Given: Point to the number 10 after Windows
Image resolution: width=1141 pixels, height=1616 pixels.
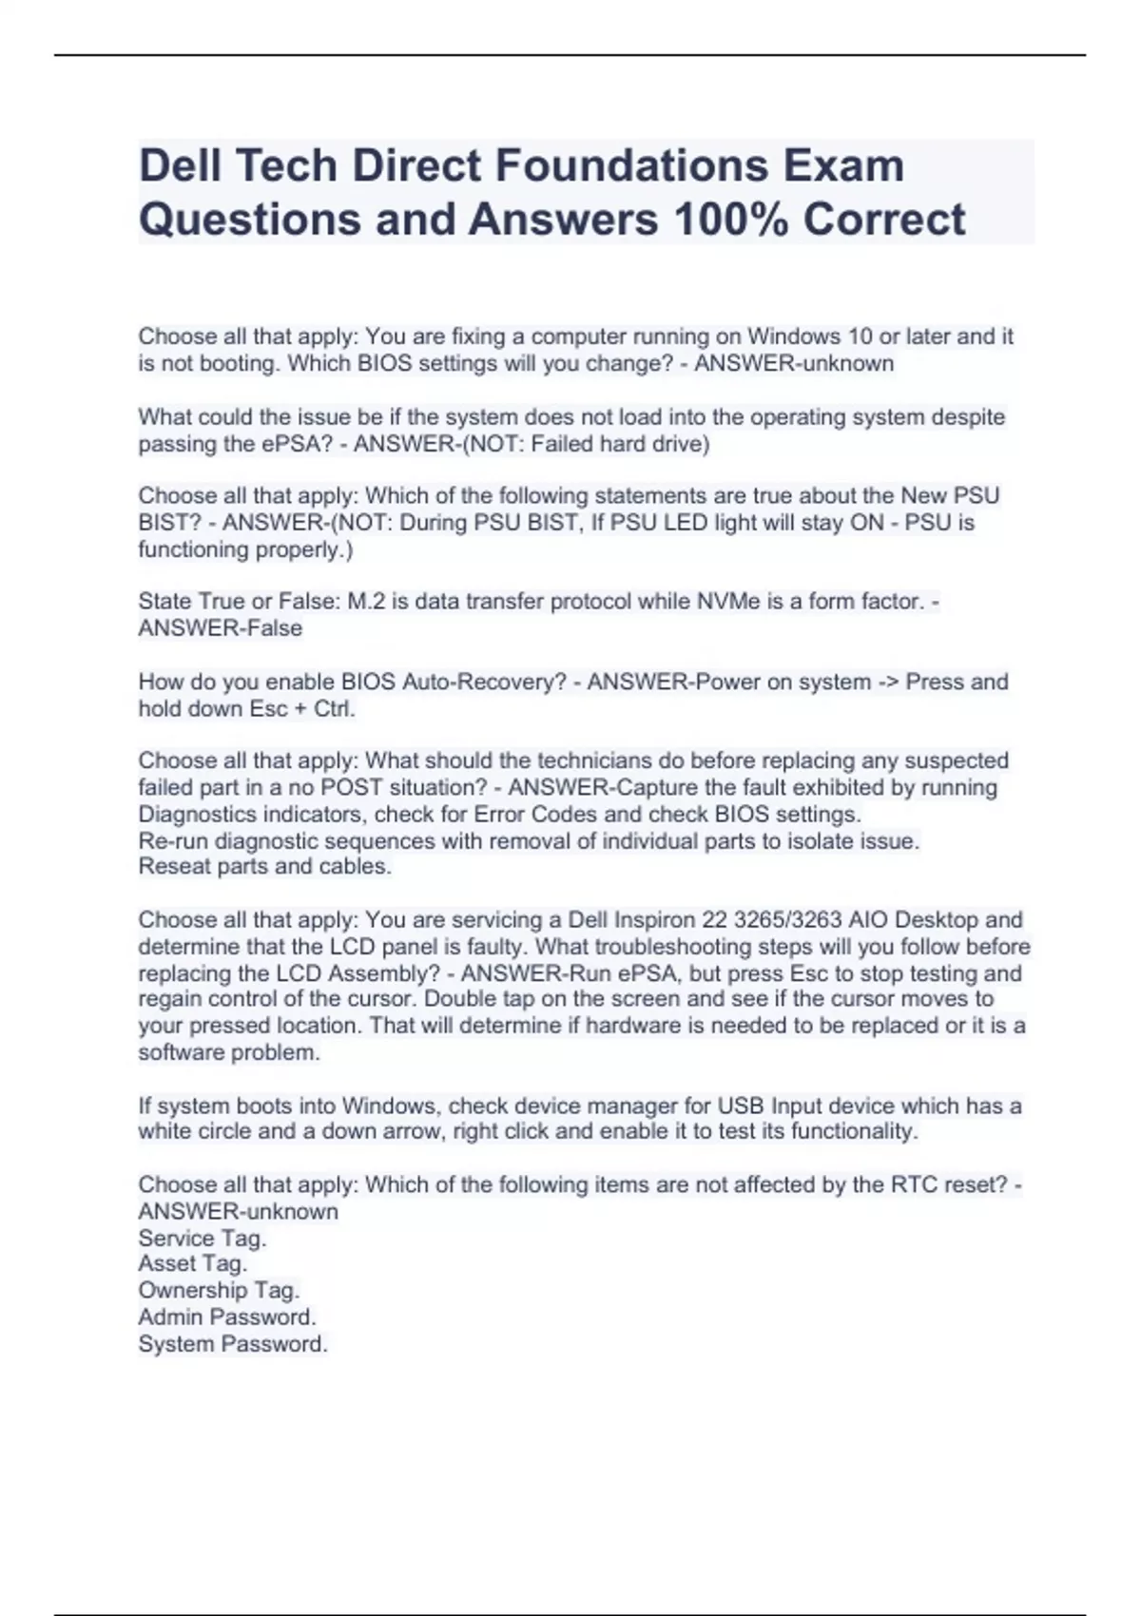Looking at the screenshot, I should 860,337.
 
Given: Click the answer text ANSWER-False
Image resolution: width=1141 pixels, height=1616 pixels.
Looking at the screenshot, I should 221,628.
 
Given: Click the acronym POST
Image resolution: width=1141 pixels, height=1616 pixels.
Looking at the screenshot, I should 351,788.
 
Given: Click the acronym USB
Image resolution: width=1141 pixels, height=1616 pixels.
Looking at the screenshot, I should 741,1106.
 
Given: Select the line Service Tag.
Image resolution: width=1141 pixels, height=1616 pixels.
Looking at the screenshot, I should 202,1239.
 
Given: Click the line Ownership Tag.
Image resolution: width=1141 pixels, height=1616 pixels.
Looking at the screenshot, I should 219,1291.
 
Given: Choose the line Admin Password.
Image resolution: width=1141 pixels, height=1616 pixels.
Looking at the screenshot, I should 226,1318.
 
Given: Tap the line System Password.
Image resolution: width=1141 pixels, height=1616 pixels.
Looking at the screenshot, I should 232,1344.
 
